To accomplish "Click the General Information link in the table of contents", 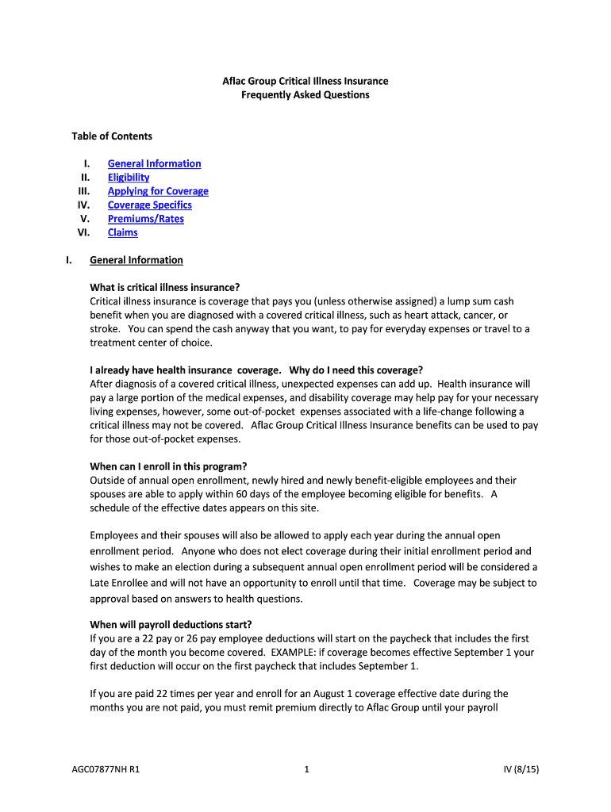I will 154,163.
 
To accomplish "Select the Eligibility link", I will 129,178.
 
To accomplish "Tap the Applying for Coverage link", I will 158,191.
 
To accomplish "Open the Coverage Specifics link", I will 149,205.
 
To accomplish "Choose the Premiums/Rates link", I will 145,219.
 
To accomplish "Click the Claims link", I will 122,232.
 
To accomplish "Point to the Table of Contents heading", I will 112,136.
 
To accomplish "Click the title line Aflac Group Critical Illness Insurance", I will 305,82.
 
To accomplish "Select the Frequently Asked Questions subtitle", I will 305,95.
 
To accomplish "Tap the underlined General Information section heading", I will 136,260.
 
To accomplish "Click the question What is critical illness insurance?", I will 165,287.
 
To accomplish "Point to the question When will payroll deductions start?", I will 171,624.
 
